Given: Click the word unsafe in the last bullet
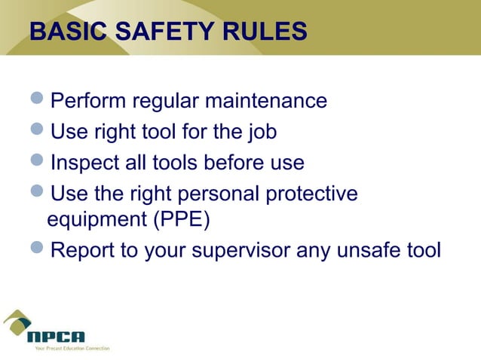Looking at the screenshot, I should point(368,251).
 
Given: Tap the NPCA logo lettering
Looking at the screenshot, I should point(57,336).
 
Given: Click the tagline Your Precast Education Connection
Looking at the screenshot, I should point(68,349).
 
